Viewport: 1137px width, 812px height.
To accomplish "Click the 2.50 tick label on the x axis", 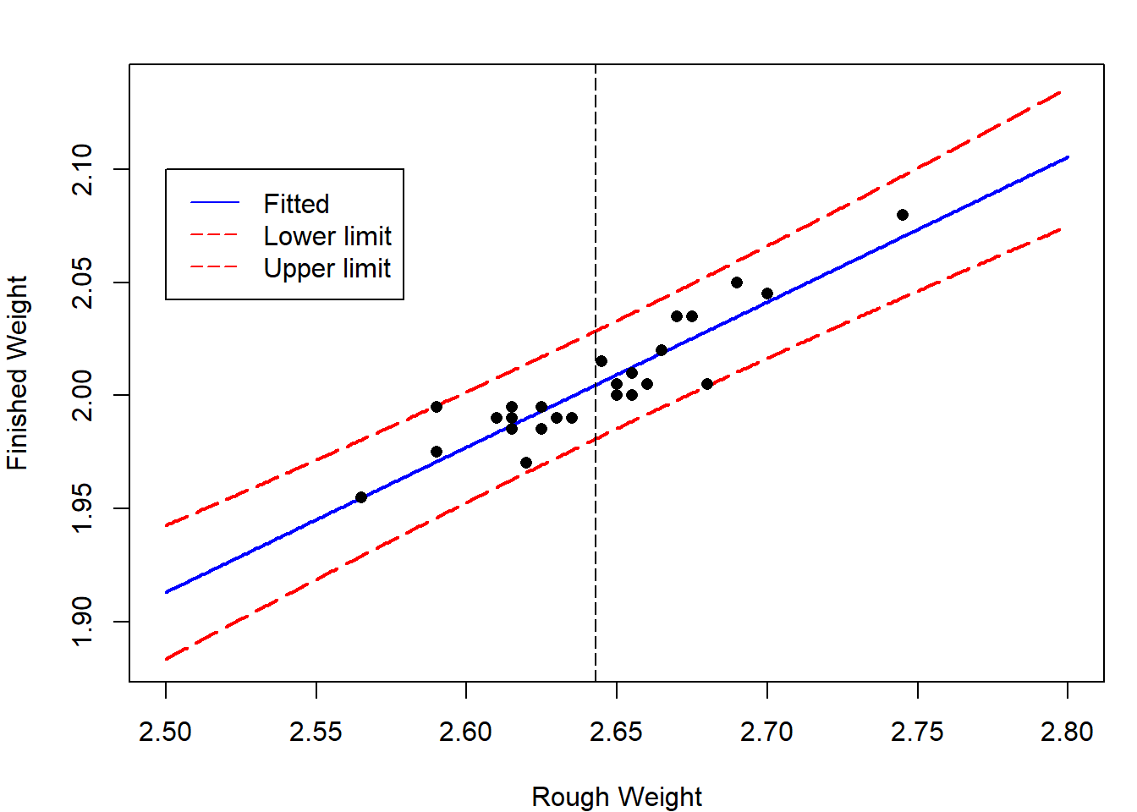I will pyautogui.click(x=166, y=732).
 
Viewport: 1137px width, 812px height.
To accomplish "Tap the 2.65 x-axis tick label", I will pyautogui.click(x=617, y=732).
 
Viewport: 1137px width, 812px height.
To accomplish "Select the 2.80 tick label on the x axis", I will pyautogui.click(x=1068, y=732).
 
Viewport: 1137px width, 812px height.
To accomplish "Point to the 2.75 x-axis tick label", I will pyautogui.click(x=917, y=732).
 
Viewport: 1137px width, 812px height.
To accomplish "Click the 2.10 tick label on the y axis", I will pyautogui.click(x=82, y=169).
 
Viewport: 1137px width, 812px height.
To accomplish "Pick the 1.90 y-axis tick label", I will pyautogui.click(x=82, y=621).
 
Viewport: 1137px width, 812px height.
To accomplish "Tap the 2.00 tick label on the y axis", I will pyautogui.click(x=82, y=395).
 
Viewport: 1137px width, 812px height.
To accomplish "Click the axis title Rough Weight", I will pyautogui.click(x=617, y=797).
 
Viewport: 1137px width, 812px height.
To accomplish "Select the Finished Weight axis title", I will pyautogui.click(x=18, y=372).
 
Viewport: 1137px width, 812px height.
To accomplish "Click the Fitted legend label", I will pyautogui.click(x=296, y=204).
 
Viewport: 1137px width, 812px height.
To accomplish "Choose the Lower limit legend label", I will pyautogui.click(x=327, y=236).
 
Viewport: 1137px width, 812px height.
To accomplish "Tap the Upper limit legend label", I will pyautogui.click(x=327, y=268).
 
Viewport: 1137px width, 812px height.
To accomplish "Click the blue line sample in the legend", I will pyautogui.click(x=215, y=203).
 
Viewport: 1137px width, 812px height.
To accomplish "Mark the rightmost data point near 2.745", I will pyautogui.click(x=903, y=215).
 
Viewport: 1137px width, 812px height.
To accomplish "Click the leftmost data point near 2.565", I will pyautogui.click(x=361, y=497).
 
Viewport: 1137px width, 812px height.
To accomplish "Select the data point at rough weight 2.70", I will pyautogui.click(x=767, y=294).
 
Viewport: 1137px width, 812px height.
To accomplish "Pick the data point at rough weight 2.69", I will pyautogui.click(x=737, y=283).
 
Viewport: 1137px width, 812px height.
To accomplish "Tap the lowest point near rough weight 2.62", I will pyautogui.click(x=526, y=463).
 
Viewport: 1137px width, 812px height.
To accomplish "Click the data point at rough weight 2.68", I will pyautogui.click(x=707, y=384).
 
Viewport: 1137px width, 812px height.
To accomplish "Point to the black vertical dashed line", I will pyautogui.click(x=596, y=550).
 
